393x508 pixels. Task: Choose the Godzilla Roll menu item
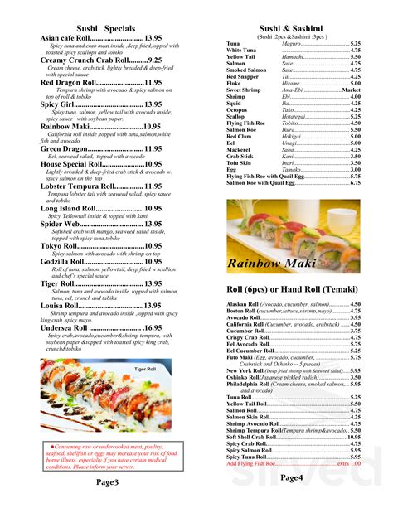tap(61, 261)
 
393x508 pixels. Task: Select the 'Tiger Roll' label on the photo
tap(146, 369)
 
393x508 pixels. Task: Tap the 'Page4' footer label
tap(291, 478)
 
